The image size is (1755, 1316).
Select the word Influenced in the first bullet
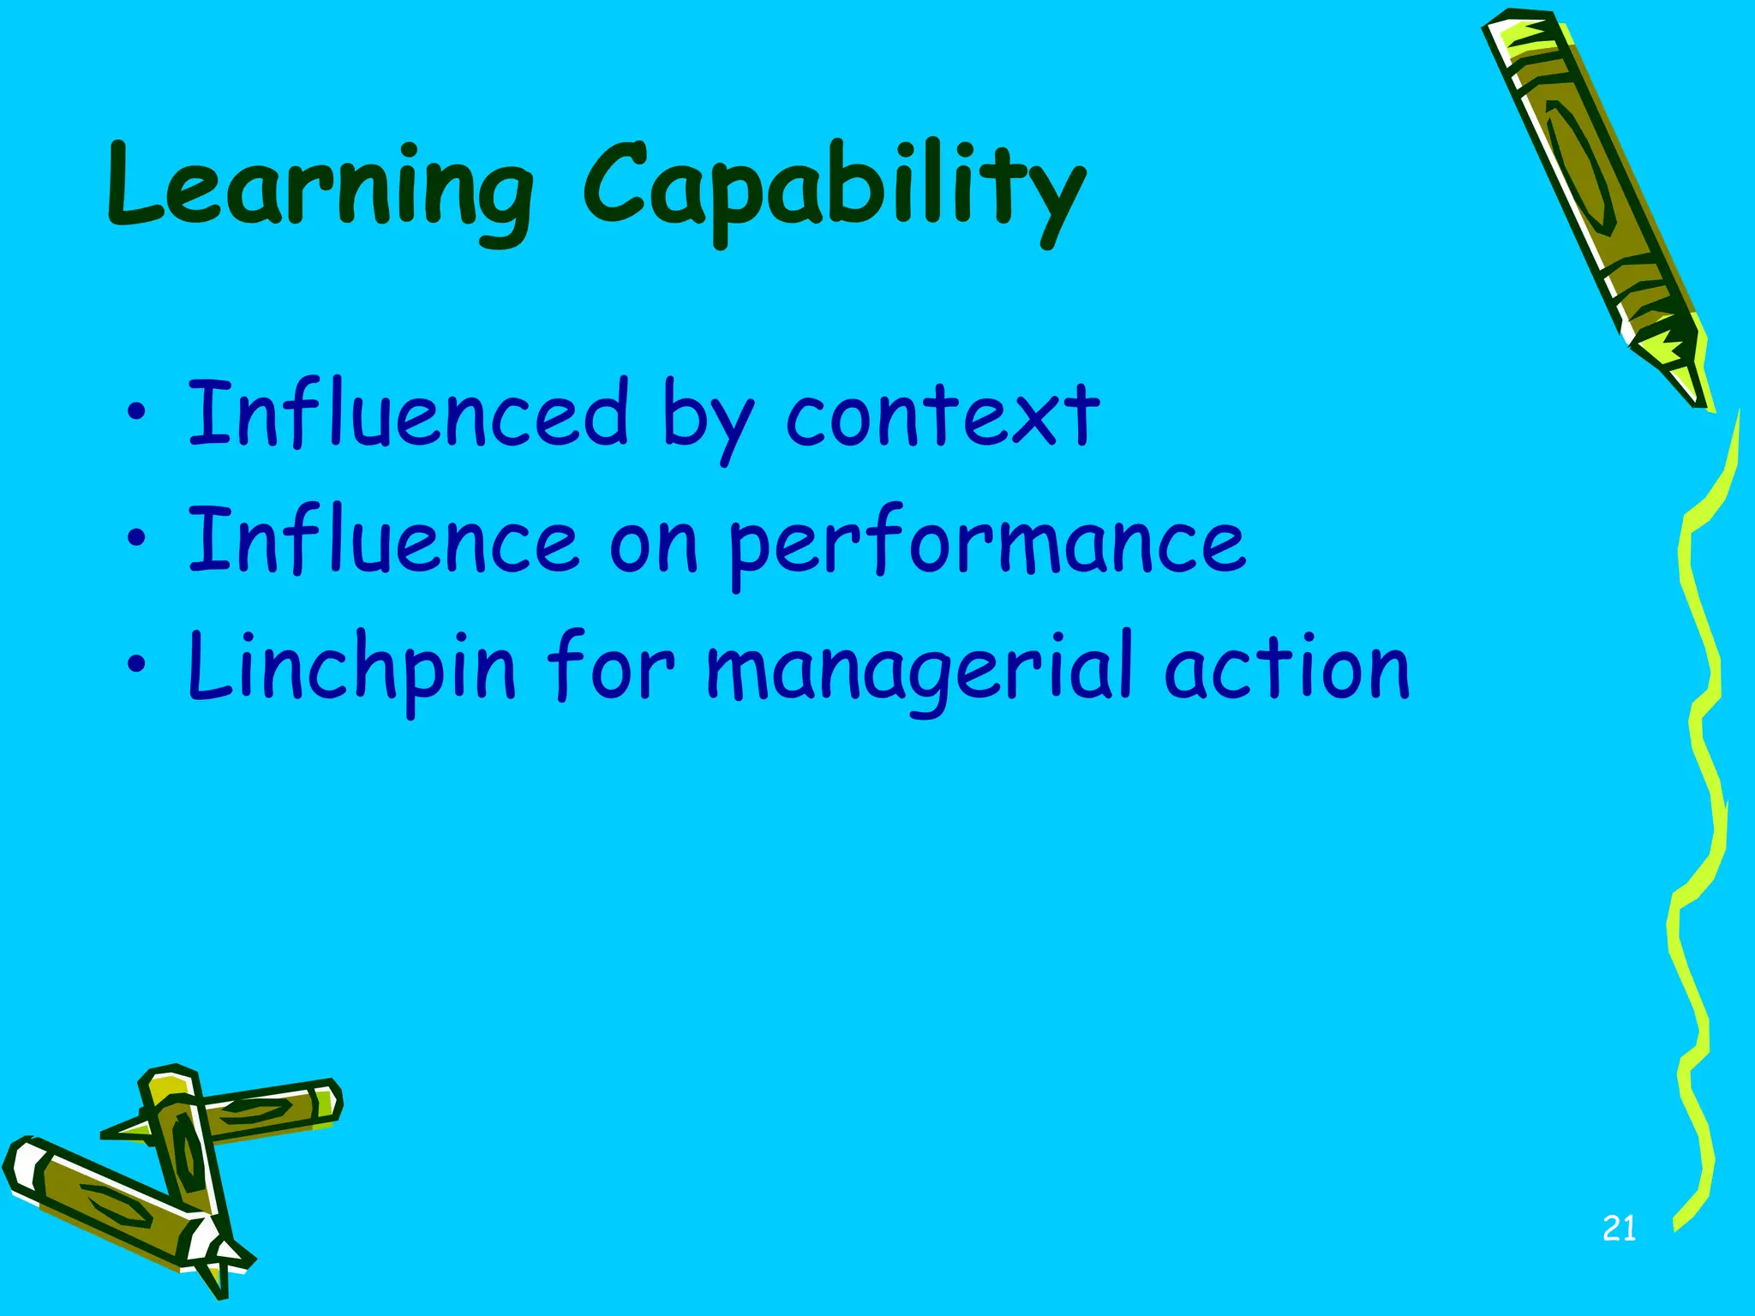pos(408,415)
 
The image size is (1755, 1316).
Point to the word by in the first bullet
pos(706,420)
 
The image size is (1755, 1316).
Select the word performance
pos(985,545)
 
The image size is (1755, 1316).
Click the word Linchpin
pos(351,668)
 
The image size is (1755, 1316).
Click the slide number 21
pos(1619,1229)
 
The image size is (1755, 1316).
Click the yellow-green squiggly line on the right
pos(1701,771)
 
